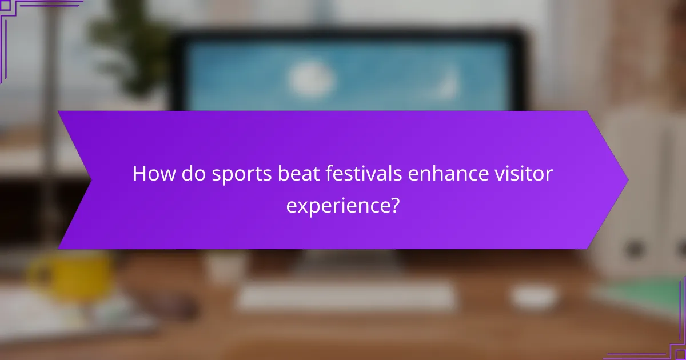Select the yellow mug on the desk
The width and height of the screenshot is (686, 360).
click(71, 277)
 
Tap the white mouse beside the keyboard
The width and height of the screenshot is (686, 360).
click(535, 295)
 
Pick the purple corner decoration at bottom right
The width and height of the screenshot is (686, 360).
click(669, 343)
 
